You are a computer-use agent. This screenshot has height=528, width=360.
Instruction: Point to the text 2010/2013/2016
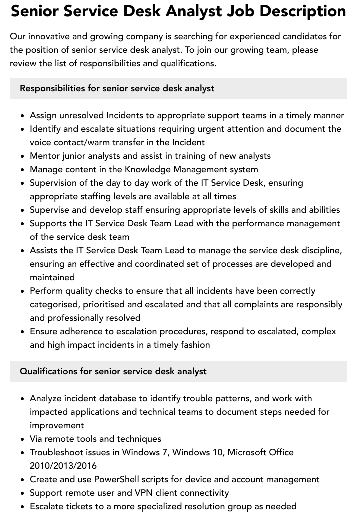point(63,466)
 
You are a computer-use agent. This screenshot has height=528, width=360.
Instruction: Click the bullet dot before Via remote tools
point(22,439)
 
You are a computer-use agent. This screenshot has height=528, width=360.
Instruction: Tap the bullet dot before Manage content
point(22,170)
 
